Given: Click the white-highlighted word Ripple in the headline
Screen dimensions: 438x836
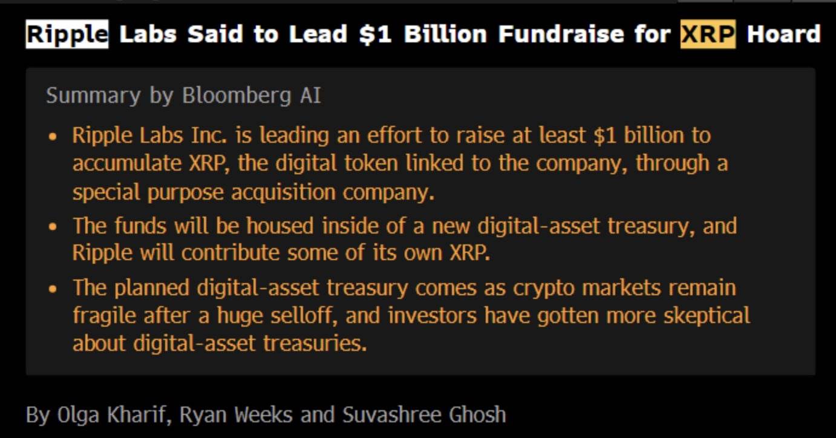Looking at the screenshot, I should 67,34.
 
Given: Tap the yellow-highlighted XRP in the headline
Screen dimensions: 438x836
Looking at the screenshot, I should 708,34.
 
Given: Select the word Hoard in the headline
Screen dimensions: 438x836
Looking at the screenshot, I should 783,34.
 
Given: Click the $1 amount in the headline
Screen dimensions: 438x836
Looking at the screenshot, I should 375,34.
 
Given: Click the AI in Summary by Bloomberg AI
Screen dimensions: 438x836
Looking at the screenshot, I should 310,96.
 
